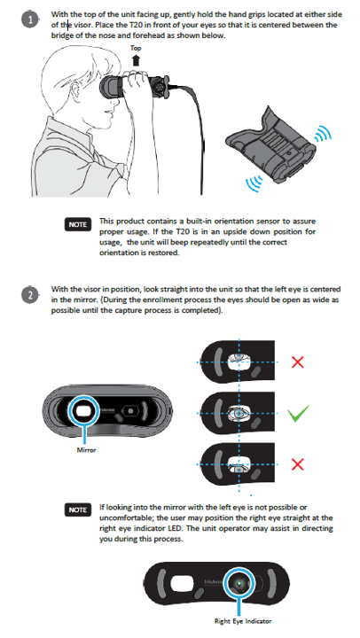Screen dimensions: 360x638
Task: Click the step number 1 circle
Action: click(x=30, y=19)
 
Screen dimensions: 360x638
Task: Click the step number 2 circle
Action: click(x=30, y=295)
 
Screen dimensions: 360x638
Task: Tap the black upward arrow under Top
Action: click(x=136, y=60)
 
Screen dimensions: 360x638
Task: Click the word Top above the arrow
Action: click(x=136, y=48)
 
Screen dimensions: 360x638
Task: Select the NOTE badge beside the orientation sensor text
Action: click(x=77, y=224)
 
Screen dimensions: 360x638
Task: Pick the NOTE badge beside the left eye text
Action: click(x=77, y=510)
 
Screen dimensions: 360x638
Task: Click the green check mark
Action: click(x=299, y=414)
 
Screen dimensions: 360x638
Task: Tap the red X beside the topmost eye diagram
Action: click(x=298, y=362)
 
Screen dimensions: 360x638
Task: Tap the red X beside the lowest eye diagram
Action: click(x=298, y=464)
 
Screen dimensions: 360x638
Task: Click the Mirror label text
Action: click(x=86, y=450)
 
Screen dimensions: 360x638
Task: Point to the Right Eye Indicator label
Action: click(x=243, y=621)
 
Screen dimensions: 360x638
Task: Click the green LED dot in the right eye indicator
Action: click(x=239, y=584)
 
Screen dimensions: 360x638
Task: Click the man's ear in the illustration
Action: click(x=76, y=92)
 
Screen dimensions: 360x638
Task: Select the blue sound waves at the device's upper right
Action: click(x=324, y=132)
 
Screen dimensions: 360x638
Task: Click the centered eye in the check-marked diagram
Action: click(x=239, y=413)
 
